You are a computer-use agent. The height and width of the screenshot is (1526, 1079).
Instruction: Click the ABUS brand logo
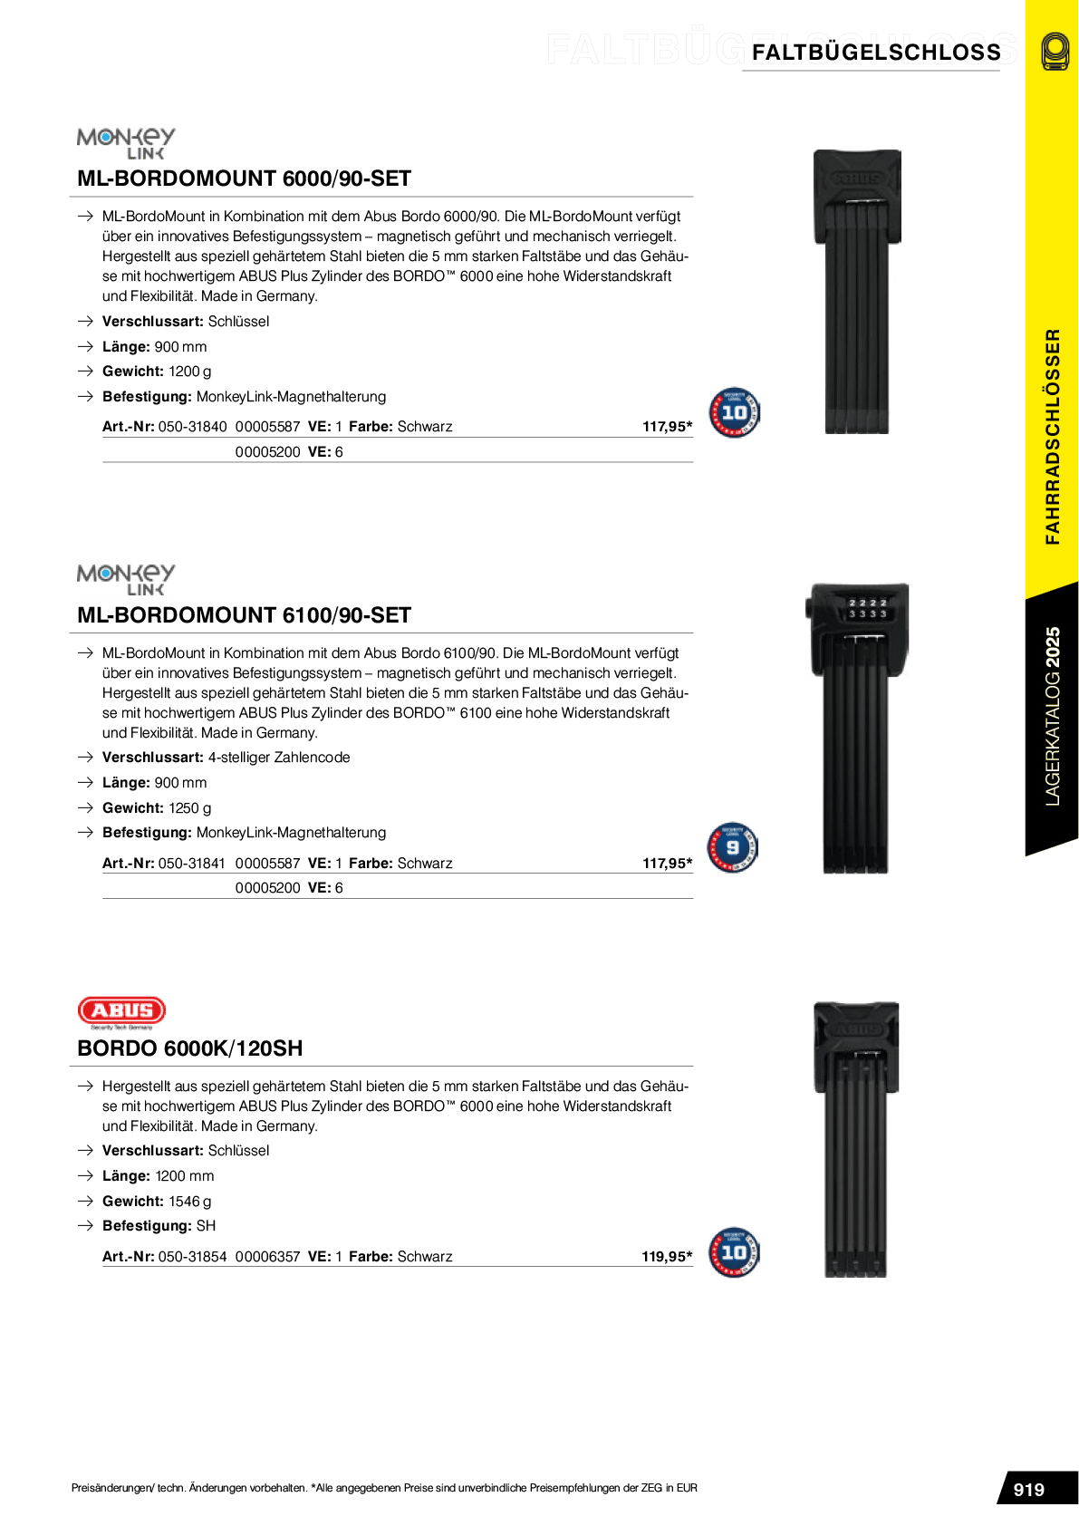coord(121,1012)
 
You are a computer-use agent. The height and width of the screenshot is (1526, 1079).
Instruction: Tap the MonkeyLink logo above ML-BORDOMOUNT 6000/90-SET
coord(126,143)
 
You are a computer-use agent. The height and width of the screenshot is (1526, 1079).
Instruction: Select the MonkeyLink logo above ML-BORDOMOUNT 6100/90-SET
coord(126,580)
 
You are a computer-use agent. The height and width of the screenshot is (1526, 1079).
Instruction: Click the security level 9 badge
coord(732,847)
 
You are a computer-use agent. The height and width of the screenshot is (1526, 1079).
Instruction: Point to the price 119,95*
coord(667,1257)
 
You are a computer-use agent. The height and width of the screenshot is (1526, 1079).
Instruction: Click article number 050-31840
coord(192,427)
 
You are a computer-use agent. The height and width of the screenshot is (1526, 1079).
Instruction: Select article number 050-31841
coord(192,864)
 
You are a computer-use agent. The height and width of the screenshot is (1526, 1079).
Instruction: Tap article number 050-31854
coord(192,1257)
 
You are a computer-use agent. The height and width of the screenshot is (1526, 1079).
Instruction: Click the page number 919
coord(1028,1490)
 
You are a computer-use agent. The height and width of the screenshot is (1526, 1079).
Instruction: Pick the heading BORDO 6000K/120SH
coord(190,1048)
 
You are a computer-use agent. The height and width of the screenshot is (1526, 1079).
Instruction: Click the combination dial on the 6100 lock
coord(867,608)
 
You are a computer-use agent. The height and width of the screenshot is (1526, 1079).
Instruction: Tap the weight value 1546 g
coord(190,1202)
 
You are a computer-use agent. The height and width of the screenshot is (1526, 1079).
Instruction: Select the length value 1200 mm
coord(185,1176)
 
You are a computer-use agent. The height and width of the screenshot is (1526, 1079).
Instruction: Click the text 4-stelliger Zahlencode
coord(279,758)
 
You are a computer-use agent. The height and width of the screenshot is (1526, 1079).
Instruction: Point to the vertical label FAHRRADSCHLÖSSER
coord(1052,436)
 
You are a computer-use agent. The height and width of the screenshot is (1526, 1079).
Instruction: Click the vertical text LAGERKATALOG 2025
coord(1052,716)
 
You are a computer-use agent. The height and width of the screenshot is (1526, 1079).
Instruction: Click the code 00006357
coord(267,1257)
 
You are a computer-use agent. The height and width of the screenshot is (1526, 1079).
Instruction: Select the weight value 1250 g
coord(190,808)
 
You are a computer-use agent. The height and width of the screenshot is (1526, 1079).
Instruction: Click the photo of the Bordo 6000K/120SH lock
coord(856,1139)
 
